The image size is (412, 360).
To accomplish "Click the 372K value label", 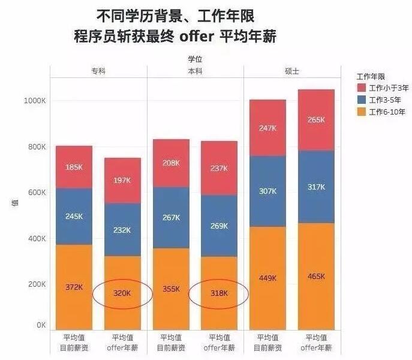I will click(x=74, y=287).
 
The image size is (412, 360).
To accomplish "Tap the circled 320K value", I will click(x=122, y=293).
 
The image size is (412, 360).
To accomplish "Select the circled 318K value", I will click(x=218, y=293).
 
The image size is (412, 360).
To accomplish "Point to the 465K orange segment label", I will click(x=315, y=276).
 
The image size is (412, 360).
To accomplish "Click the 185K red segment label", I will click(x=74, y=167).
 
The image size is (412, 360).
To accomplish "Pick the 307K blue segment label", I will click(x=267, y=191).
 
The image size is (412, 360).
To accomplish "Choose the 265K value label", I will click(x=315, y=119).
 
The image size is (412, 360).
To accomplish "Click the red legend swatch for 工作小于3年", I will click(x=362, y=88).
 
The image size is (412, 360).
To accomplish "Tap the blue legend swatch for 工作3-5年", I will click(x=362, y=100).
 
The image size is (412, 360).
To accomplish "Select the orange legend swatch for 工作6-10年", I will click(x=362, y=112).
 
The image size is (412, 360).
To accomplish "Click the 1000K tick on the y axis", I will click(x=35, y=101).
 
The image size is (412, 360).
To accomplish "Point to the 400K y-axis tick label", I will click(x=37, y=238).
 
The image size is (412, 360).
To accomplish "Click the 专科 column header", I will click(x=98, y=71).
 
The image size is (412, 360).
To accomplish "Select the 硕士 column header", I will click(x=292, y=71).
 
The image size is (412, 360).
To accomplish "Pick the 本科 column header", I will click(x=195, y=71).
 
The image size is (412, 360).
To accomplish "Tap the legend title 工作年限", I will click(x=371, y=77).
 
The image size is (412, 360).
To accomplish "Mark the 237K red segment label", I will click(x=218, y=168).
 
